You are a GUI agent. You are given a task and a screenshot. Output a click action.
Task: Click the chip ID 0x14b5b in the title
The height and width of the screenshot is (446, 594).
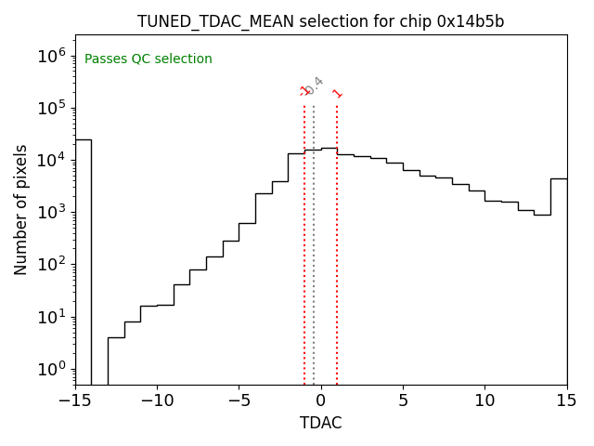pos(471,21)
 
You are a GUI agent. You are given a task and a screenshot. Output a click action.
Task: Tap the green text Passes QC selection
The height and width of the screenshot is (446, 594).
pos(148,59)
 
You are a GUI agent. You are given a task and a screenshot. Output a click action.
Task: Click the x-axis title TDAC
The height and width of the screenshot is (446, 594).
pos(321,423)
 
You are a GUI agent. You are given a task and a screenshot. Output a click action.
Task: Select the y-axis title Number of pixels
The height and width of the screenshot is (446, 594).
pos(21,210)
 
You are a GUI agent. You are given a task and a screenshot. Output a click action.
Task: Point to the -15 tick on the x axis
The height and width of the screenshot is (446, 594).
pos(75,400)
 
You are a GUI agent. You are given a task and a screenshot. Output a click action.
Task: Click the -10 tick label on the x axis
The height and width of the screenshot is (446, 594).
pos(157,400)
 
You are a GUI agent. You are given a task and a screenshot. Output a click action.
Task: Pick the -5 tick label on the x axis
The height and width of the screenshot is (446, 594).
pos(239,400)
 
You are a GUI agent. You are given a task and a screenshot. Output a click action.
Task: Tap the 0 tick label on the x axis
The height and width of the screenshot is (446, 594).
pos(321,400)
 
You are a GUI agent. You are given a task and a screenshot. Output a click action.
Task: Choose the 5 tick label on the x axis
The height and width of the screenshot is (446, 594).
pos(403,400)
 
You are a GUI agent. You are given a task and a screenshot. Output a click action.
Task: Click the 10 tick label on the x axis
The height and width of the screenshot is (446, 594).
pos(484,400)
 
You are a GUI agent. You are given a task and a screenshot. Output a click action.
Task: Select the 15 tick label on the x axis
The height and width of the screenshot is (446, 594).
pos(566,400)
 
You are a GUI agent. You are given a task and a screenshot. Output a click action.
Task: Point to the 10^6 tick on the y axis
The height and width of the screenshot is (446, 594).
pos(52,56)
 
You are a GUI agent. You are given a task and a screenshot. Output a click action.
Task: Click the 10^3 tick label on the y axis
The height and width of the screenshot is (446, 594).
pos(52,213)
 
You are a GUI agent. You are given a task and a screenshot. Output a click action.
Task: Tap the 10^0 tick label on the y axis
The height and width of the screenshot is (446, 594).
pos(52,370)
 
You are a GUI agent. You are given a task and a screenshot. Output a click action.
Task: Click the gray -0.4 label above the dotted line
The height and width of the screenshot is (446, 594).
pos(315,85)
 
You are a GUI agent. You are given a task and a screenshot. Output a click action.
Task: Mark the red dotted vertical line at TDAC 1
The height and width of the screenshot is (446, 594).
pos(337,242)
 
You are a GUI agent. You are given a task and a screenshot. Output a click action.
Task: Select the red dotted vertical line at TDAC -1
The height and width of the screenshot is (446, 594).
pos(304,242)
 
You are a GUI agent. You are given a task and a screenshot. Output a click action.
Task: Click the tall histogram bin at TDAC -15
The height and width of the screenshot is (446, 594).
pos(84,260)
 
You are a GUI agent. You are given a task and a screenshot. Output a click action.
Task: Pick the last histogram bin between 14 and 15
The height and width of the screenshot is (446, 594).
pos(558,279)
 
